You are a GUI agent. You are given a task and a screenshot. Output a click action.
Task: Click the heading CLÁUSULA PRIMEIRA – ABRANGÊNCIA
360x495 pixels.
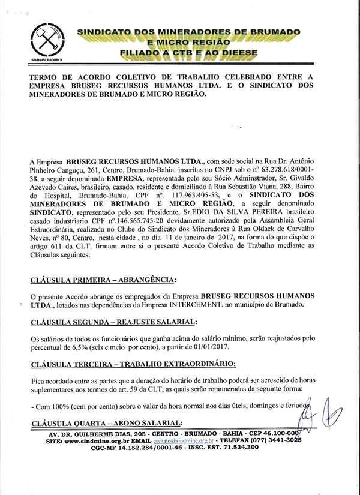pyautogui.click(x=103, y=280)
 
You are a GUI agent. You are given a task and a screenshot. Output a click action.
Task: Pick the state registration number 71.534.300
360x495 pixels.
pyautogui.click(x=236, y=448)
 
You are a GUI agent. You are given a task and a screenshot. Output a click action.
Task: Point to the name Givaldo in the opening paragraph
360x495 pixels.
pyautogui.click(x=315, y=179)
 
